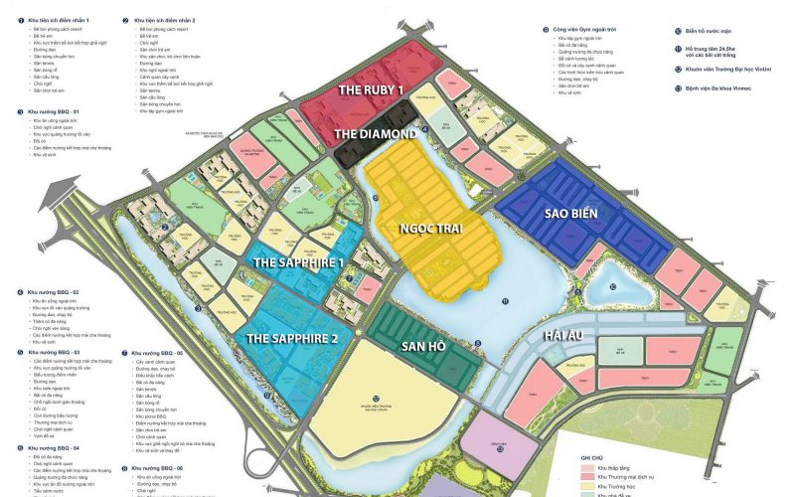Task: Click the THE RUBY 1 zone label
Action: pos(373,89)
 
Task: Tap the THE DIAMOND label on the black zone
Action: pos(375,133)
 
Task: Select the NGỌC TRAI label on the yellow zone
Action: pos(429,225)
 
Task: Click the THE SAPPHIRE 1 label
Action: pos(298,262)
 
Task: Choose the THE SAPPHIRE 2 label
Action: pos(293,338)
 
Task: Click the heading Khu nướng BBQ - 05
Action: pos(164,351)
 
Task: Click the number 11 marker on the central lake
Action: pos(505,300)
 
